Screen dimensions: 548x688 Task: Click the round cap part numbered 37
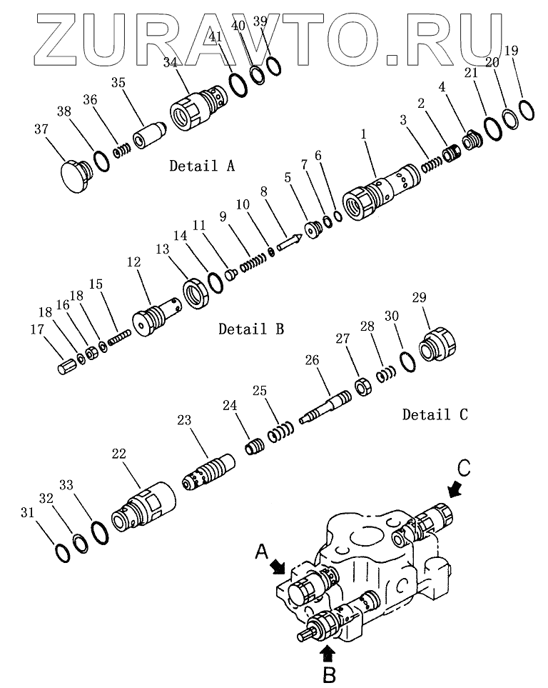pyautogui.click(x=75, y=176)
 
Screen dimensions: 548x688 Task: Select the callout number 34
pyautogui.click(x=170, y=62)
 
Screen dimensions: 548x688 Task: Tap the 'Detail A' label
pyautogui.click(x=202, y=166)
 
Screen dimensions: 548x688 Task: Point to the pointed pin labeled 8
pyautogui.click(x=288, y=242)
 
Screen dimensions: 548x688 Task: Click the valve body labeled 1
pyautogui.click(x=380, y=191)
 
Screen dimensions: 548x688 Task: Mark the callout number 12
pyautogui.click(x=133, y=262)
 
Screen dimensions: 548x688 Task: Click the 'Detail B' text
pyautogui.click(x=251, y=329)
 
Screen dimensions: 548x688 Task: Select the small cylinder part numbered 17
pyautogui.click(x=67, y=366)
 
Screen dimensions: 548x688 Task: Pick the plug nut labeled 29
pyautogui.click(x=439, y=345)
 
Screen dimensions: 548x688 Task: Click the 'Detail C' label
pyautogui.click(x=435, y=414)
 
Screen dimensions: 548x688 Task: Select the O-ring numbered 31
pyautogui.click(x=62, y=553)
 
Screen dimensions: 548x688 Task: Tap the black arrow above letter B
pyautogui.click(x=328, y=654)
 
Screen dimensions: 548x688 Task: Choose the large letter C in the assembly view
pyautogui.click(x=463, y=468)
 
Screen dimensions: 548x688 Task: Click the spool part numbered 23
pyautogui.click(x=208, y=472)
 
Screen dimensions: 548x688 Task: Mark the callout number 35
pyautogui.click(x=118, y=82)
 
